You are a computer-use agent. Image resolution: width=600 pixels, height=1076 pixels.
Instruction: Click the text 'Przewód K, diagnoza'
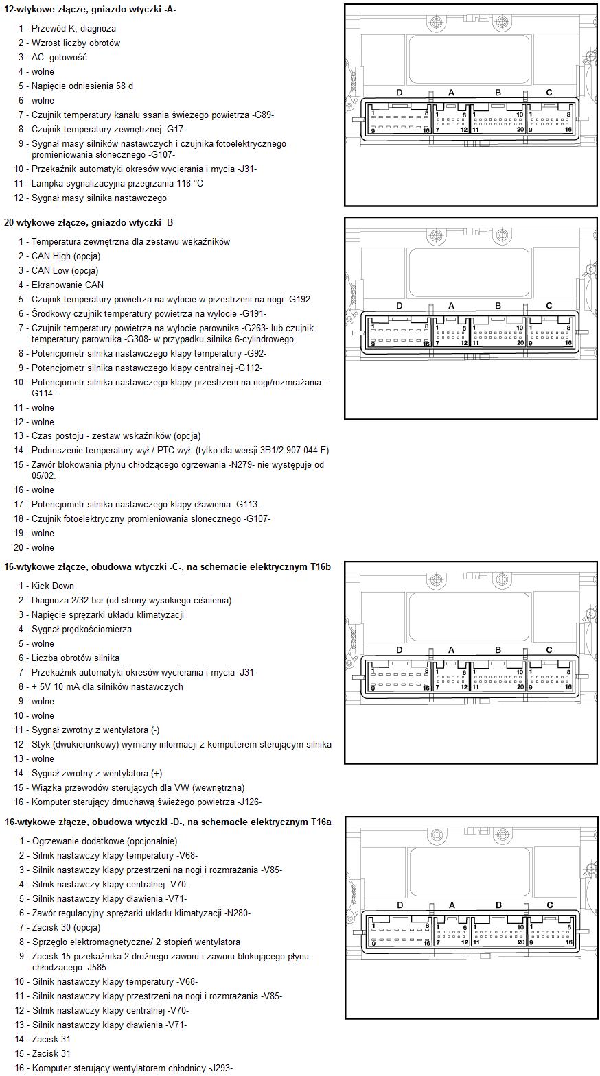click(x=73, y=28)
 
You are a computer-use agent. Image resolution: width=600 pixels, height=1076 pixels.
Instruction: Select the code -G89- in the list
click(x=263, y=115)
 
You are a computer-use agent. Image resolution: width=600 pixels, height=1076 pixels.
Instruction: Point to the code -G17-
click(x=175, y=129)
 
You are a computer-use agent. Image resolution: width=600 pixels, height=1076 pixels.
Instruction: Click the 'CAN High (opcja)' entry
click(x=66, y=256)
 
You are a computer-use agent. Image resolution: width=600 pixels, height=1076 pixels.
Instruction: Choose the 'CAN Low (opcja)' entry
click(x=65, y=270)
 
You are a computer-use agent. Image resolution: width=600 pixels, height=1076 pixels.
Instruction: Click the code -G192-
click(x=300, y=299)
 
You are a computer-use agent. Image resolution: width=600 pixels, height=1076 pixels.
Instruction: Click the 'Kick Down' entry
click(x=53, y=586)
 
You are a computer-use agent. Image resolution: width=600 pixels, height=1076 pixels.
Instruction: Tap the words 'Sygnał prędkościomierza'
click(x=82, y=629)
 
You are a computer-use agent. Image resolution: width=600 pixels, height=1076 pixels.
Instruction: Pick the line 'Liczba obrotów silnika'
click(x=76, y=658)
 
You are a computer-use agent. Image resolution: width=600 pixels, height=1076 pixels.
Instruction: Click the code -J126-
click(x=249, y=802)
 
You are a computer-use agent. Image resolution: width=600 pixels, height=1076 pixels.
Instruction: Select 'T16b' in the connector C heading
click(x=320, y=566)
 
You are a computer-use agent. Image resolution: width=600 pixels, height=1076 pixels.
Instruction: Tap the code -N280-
click(x=238, y=913)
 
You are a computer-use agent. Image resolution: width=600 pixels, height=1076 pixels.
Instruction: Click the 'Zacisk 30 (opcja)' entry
click(x=66, y=927)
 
